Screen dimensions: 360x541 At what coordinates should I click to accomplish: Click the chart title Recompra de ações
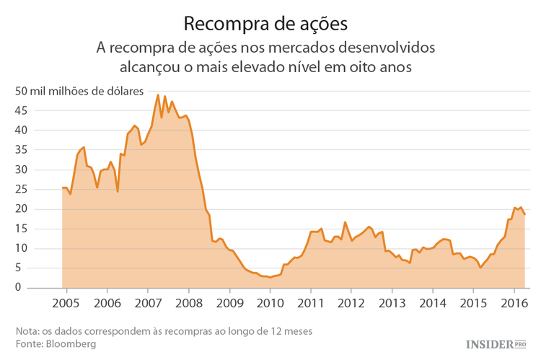[x=266, y=23]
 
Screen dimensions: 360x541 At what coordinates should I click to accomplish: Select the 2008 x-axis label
[x=188, y=302]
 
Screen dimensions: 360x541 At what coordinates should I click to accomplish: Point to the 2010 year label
[x=270, y=302]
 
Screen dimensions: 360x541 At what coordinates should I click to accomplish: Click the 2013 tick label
[x=392, y=302]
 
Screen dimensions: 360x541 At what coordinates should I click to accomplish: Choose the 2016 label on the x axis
[x=514, y=302]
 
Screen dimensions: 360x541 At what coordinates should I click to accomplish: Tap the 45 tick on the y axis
[x=21, y=110]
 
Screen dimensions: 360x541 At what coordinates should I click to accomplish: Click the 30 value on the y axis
[x=21, y=170]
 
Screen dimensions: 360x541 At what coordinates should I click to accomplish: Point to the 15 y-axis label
[x=21, y=229]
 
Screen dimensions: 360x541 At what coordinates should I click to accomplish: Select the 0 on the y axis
[x=24, y=288]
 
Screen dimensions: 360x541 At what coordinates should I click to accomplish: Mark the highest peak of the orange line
[x=158, y=95]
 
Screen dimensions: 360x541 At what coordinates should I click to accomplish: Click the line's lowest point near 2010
[x=270, y=277]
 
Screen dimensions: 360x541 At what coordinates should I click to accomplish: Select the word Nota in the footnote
[x=27, y=330]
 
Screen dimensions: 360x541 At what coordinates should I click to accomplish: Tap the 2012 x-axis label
[x=351, y=302]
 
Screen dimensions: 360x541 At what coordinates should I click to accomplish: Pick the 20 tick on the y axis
[x=21, y=209]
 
